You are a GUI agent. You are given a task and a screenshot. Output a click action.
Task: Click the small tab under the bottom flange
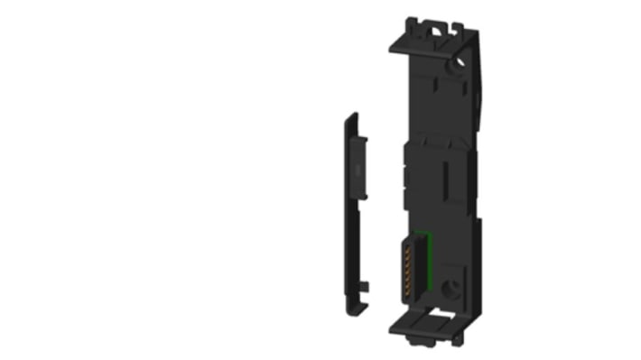click(x=417, y=342)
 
